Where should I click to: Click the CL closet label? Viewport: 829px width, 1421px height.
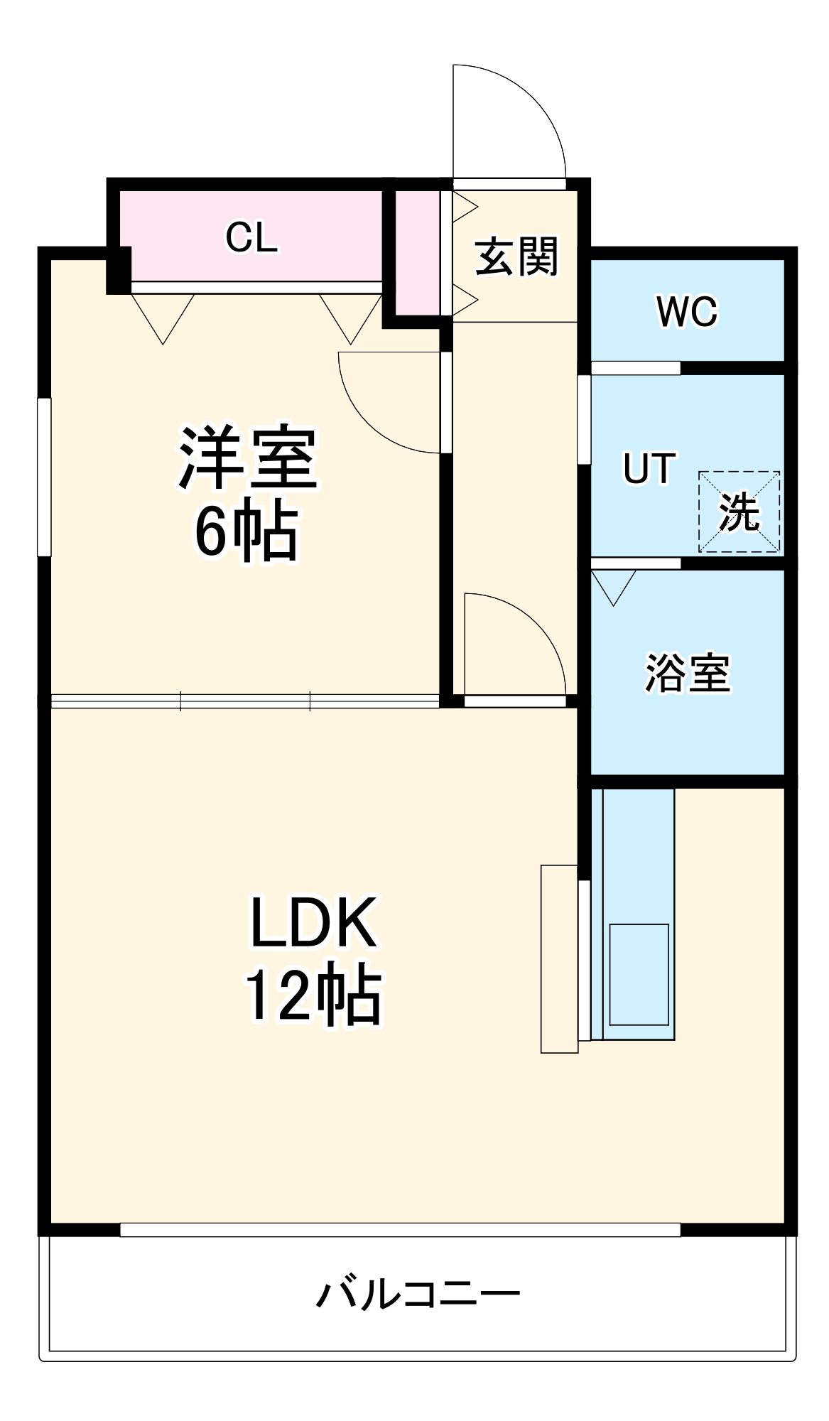click(251, 237)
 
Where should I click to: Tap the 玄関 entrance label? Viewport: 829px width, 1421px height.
click(516, 256)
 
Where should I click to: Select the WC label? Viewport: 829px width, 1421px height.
click(687, 311)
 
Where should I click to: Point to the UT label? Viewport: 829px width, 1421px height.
click(649, 469)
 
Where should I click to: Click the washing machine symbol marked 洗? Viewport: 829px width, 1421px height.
click(739, 512)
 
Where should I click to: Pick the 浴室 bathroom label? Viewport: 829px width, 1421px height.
click(687, 673)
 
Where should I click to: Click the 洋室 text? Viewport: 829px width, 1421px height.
click(247, 458)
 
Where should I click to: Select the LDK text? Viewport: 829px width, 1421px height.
click(313, 923)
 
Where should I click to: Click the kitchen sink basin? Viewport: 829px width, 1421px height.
click(639, 974)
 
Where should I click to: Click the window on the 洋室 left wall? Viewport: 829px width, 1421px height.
click(44, 476)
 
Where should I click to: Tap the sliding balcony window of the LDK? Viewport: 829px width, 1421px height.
click(400, 1230)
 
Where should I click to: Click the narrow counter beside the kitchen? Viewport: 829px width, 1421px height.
click(559, 958)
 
